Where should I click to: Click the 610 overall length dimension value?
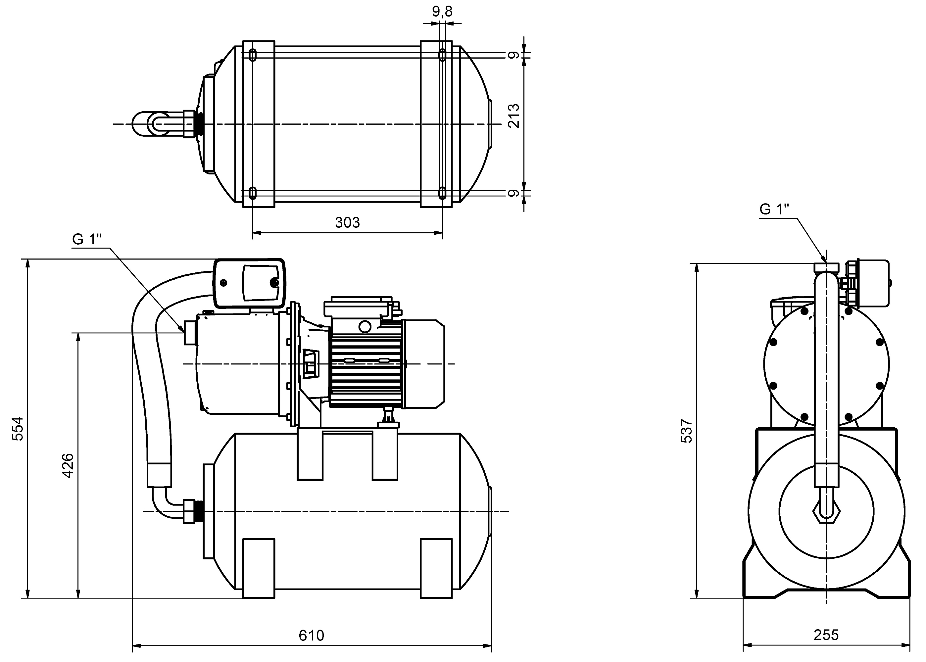point(311,635)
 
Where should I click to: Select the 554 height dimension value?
point(18,428)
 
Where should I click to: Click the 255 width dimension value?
point(826,635)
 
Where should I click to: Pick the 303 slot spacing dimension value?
point(347,222)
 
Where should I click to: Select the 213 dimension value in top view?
point(514,116)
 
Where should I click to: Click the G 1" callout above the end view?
point(774,209)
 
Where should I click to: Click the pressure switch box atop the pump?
point(249,282)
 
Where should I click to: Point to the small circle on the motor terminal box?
point(365,326)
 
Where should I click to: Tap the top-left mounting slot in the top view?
point(253,55)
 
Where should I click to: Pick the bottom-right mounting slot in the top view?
point(442,192)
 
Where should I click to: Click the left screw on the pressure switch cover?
point(223,282)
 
